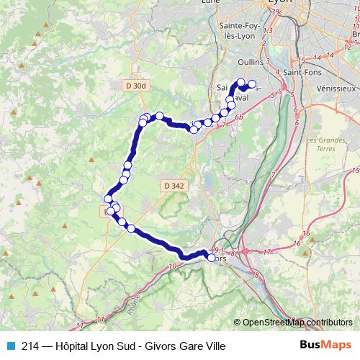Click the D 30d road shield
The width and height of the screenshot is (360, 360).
(135, 86)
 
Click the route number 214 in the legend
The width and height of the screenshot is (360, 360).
(30, 346)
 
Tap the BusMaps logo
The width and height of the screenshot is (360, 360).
(325, 345)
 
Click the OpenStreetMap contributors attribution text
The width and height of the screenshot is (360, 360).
(297, 323)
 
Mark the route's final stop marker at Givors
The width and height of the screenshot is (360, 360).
(211, 258)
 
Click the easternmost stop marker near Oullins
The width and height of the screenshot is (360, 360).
(252, 84)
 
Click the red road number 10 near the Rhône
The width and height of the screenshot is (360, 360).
(171, 267)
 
